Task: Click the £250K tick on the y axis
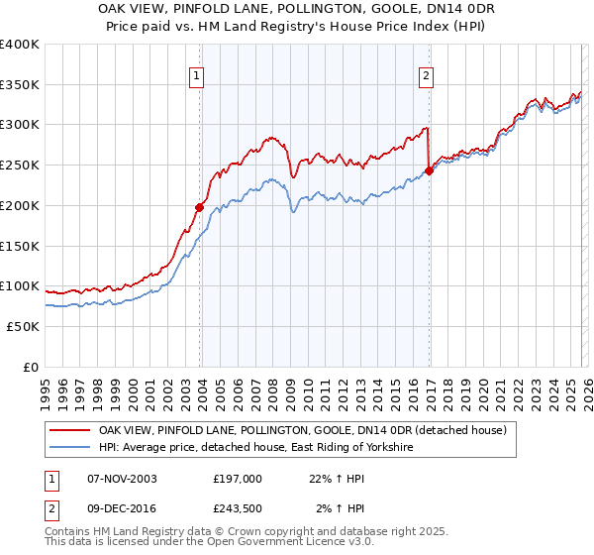pyautogui.click(x=20, y=165)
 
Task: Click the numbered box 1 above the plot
pyautogui.click(x=198, y=75)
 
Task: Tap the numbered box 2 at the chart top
pyautogui.click(x=426, y=75)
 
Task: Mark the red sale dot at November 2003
pyautogui.click(x=199, y=207)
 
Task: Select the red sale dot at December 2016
pyautogui.click(x=429, y=170)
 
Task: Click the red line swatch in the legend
pyautogui.click(x=70, y=430)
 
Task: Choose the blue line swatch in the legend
pyautogui.click(x=70, y=448)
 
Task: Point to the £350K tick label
pyautogui.click(x=20, y=84)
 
